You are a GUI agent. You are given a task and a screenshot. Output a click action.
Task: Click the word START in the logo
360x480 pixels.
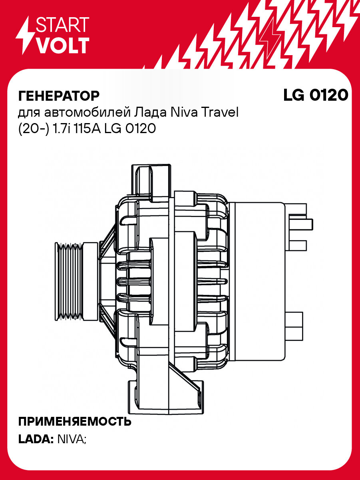pyautogui.click(x=62, y=25)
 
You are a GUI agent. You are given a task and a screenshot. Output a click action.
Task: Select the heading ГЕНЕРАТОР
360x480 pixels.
pyautogui.click(x=59, y=96)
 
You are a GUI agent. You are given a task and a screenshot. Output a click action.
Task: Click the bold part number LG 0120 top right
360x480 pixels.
pyautogui.click(x=315, y=95)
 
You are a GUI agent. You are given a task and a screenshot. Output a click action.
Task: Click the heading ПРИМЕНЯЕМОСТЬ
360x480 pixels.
pyautogui.click(x=75, y=422)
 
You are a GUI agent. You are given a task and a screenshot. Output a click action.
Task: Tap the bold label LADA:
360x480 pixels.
pyautogui.click(x=36, y=439)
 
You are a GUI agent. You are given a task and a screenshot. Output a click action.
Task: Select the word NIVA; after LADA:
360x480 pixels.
pyautogui.click(x=72, y=439)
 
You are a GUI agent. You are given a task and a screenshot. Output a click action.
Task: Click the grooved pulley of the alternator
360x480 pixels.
pyautogui.click(x=76, y=280)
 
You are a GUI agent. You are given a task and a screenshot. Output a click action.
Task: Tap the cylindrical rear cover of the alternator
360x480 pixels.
pyautogui.click(x=260, y=280)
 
